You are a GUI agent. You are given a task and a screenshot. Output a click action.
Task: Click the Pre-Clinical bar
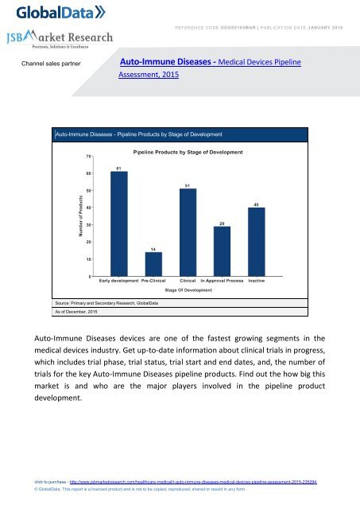pyautogui.click(x=153, y=263)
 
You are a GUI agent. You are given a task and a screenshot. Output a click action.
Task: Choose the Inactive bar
pyautogui.click(x=256, y=241)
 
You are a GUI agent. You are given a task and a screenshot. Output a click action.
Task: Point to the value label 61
pyautogui.click(x=118, y=168)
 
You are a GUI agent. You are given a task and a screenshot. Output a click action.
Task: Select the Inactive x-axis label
pyautogui.click(x=256, y=281)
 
